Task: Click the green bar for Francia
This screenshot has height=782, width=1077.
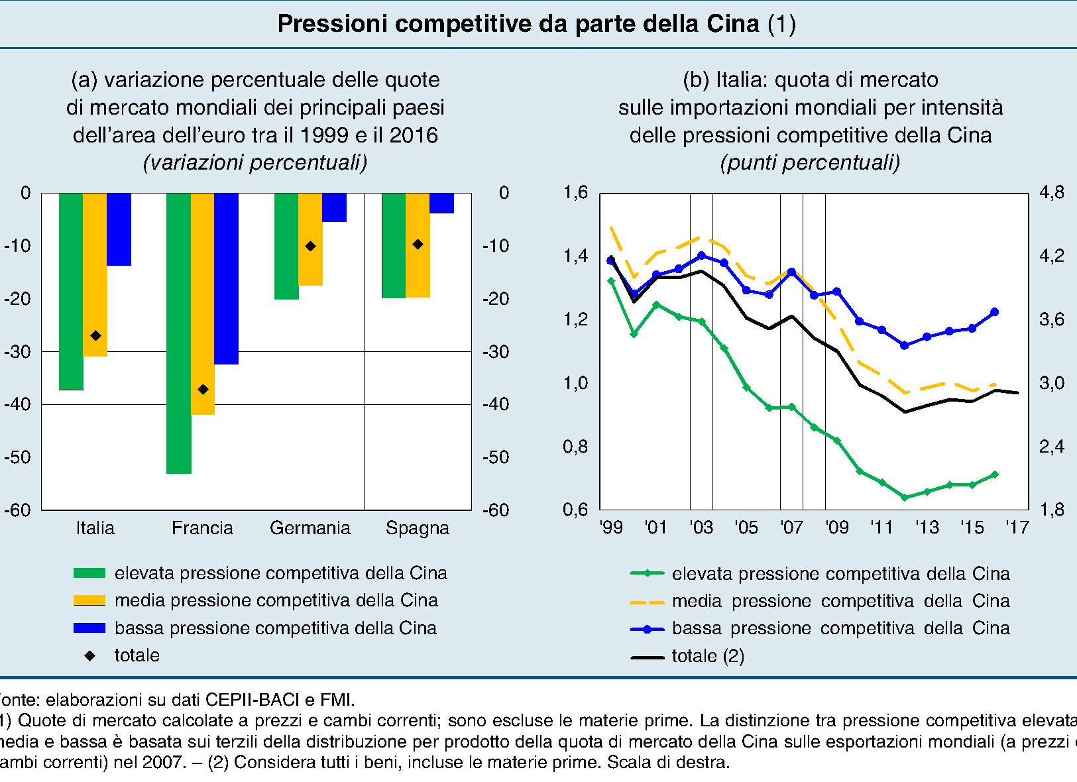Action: coord(179,333)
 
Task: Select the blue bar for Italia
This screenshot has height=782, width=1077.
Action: coord(119,229)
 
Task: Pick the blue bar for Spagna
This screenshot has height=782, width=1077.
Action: coord(442,203)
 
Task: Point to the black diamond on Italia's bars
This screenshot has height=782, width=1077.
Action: coord(95,336)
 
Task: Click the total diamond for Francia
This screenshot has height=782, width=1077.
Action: coord(203,389)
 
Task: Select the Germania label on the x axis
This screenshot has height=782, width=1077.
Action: coord(310,528)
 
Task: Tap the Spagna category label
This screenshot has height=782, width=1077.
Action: coord(418,528)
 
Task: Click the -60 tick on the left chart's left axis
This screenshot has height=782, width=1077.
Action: coord(18,510)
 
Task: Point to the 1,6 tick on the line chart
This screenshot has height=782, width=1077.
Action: coord(575,193)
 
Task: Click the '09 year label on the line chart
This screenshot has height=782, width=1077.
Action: coord(836,528)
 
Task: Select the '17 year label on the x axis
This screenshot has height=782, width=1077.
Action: coord(1017,528)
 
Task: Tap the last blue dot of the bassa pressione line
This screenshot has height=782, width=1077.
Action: coord(994,312)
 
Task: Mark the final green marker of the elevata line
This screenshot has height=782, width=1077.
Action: coord(994,475)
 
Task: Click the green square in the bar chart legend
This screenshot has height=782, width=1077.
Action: coord(89,573)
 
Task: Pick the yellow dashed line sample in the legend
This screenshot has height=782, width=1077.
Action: coord(647,602)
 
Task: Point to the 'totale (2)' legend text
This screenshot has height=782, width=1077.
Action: coord(708,656)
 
